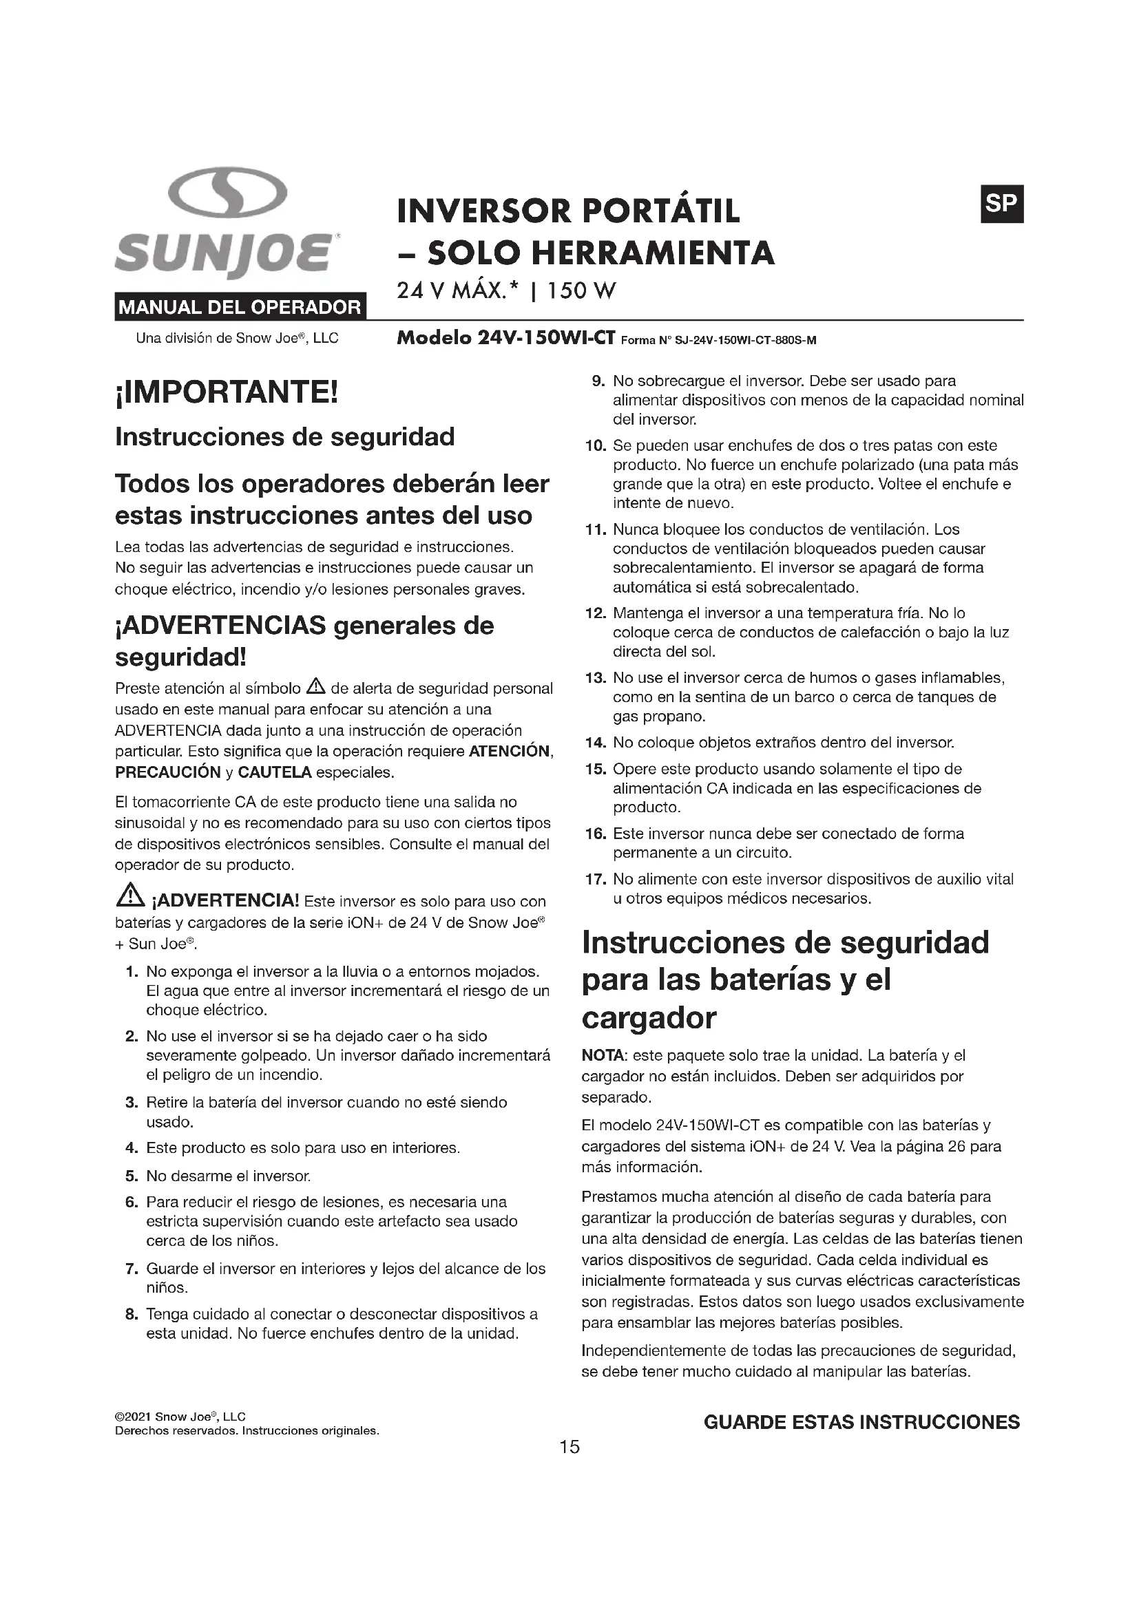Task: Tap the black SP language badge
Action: coord(1001,204)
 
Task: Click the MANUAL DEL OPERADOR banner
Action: coord(240,306)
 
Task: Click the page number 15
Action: coord(569,1447)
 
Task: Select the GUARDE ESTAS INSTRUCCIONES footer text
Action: coord(861,1422)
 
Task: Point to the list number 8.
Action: coord(131,1314)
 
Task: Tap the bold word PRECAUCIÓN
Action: coord(167,773)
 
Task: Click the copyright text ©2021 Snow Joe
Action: coord(180,1417)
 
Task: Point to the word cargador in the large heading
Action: coord(649,1017)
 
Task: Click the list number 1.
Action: coord(131,972)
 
